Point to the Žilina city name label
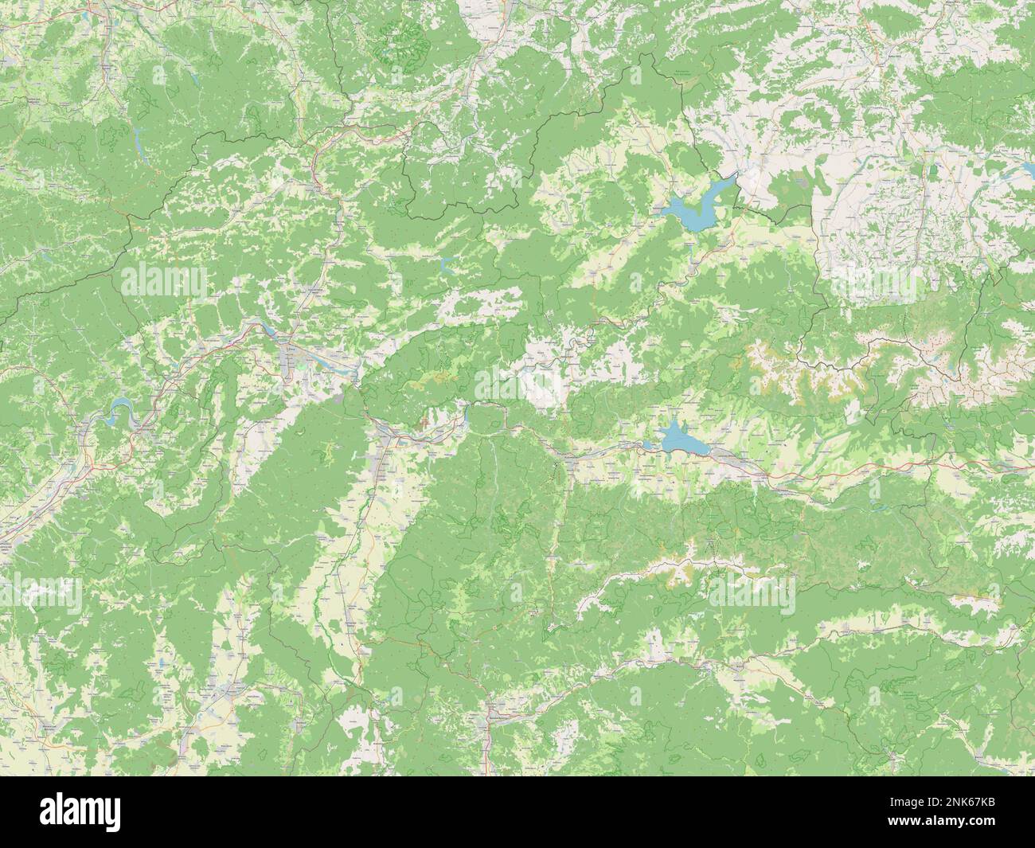291,348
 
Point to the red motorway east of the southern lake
836,471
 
